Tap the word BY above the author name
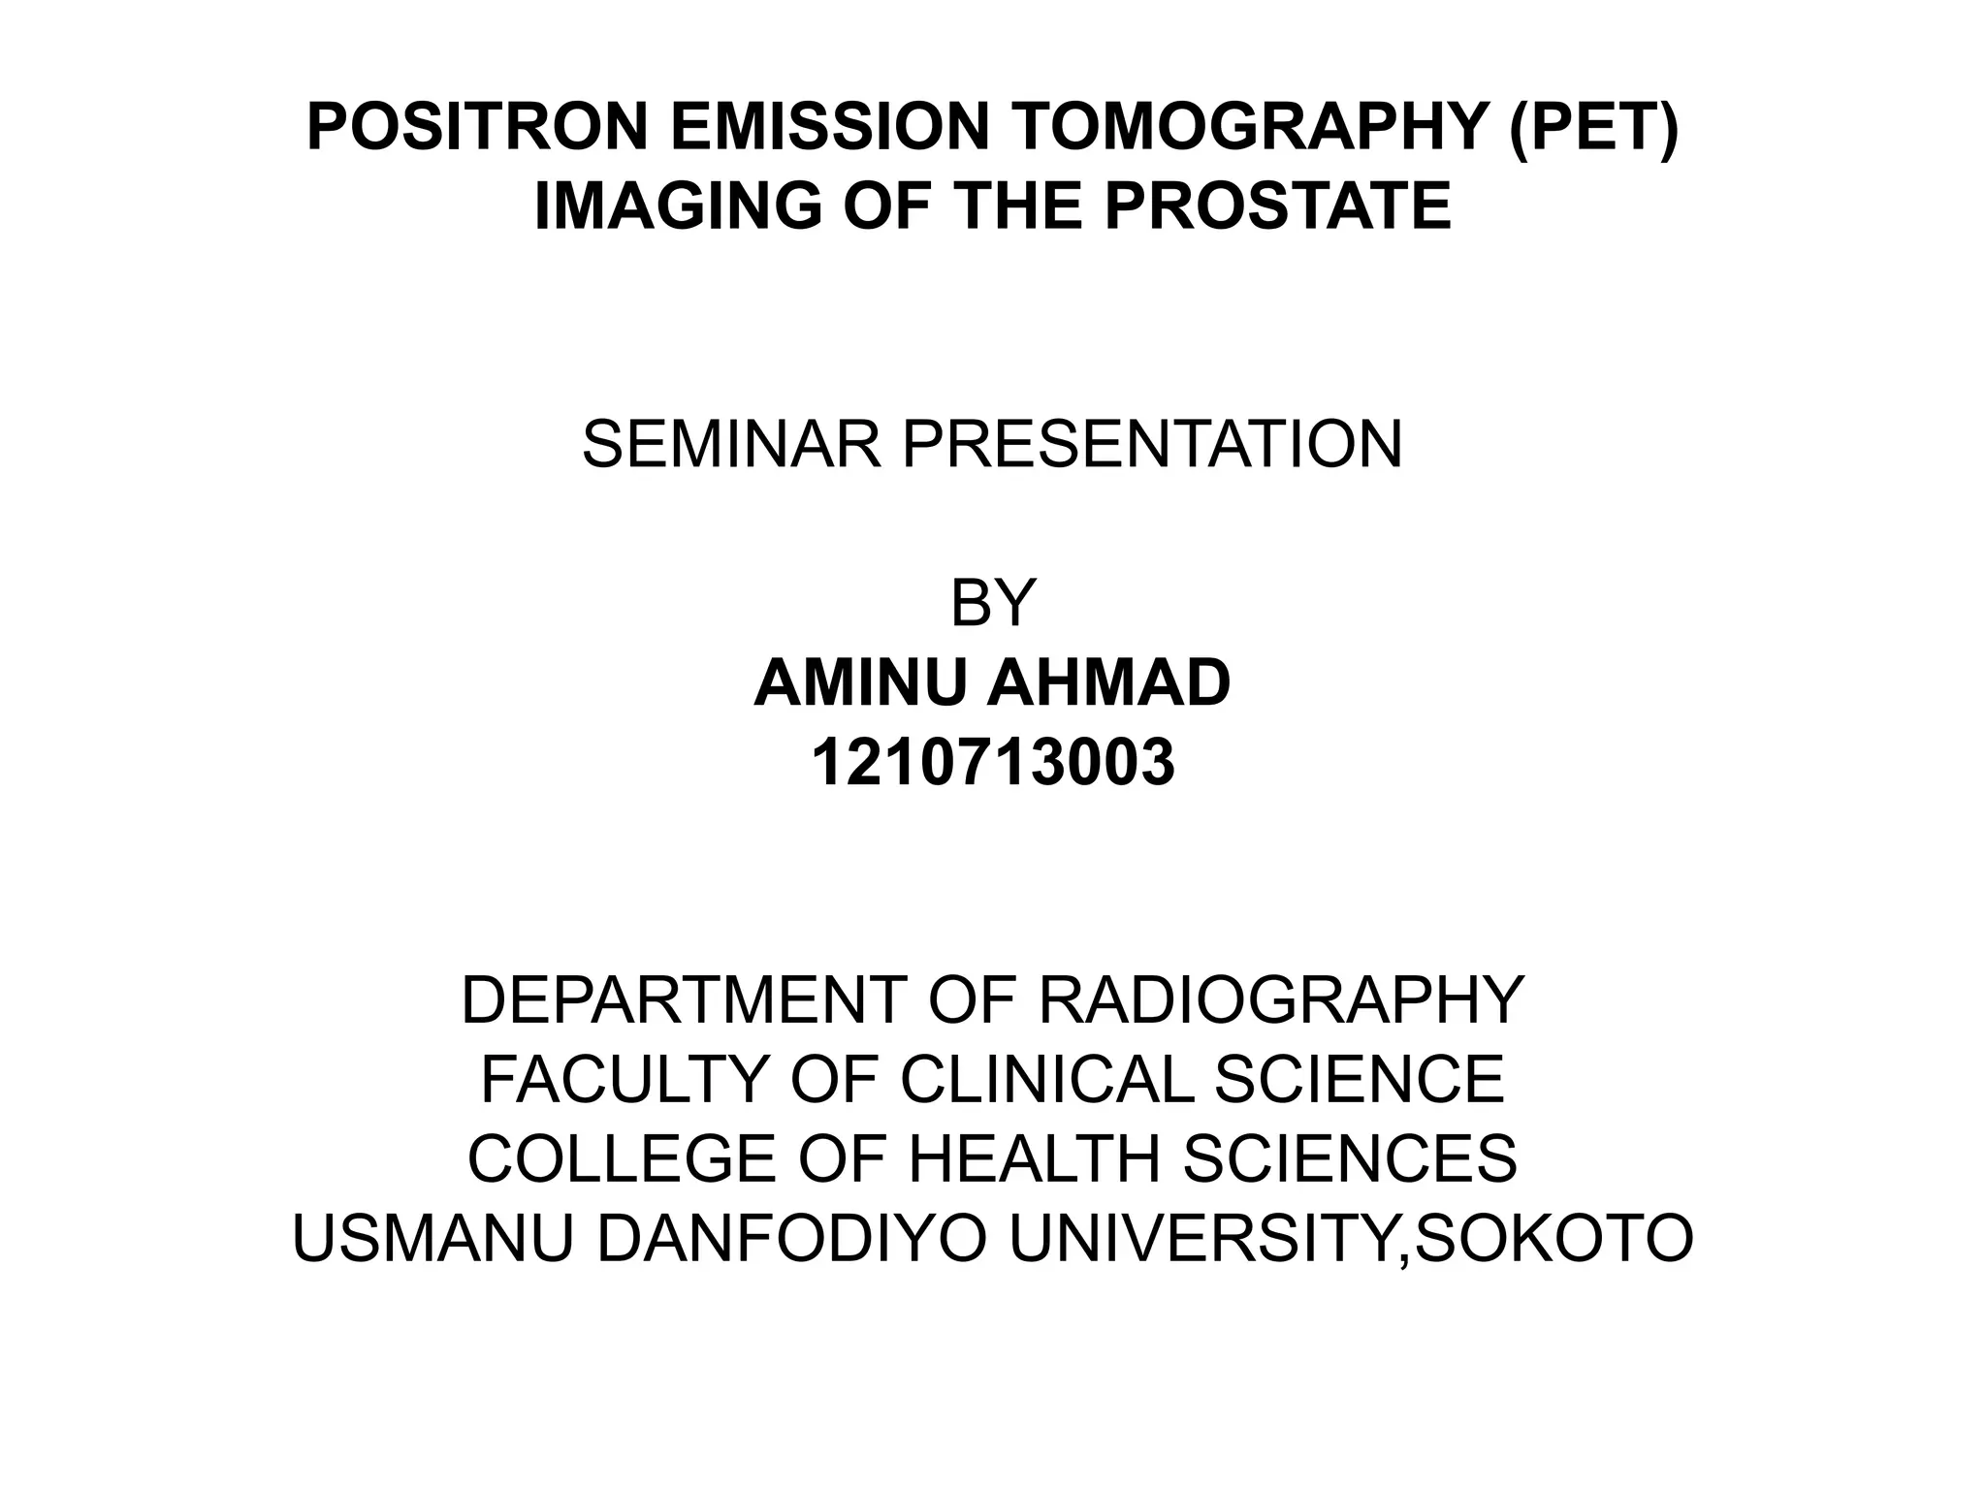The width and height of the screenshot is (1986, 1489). [993, 603]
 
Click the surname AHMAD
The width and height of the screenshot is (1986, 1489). [1108, 682]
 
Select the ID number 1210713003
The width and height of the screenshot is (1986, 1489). [993, 763]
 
